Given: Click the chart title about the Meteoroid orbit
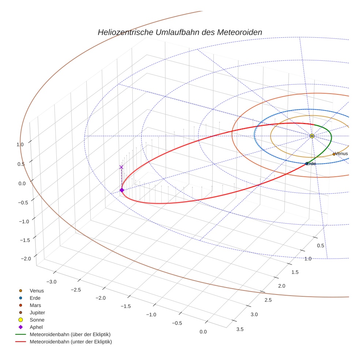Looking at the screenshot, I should [x=180, y=32].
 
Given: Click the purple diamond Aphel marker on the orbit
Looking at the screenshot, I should [x=121, y=190].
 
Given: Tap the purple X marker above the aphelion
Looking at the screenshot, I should [x=121, y=167].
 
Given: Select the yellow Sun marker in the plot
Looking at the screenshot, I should [x=312, y=136].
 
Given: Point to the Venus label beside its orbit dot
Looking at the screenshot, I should [x=341, y=154].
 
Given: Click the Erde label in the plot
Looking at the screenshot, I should [x=311, y=164].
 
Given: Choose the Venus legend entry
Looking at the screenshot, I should [x=37, y=290].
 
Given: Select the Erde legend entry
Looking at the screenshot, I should [x=35, y=298].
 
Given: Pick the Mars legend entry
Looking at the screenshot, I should [x=35, y=305].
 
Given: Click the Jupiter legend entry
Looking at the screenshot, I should [x=37, y=312].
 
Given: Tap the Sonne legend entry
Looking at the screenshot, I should [x=37, y=320].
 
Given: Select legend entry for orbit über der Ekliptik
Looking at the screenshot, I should [x=70, y=334].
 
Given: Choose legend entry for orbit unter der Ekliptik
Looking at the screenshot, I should [x=71, y=342].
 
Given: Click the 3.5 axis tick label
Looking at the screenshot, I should [x=240, y=329].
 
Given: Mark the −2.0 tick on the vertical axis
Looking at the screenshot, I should [x=26, y=259].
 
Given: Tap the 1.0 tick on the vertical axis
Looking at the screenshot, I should [x=20, y=145].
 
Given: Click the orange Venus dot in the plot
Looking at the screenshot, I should [x=334, y=154].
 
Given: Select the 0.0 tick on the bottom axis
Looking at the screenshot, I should [x=203, y=331].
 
